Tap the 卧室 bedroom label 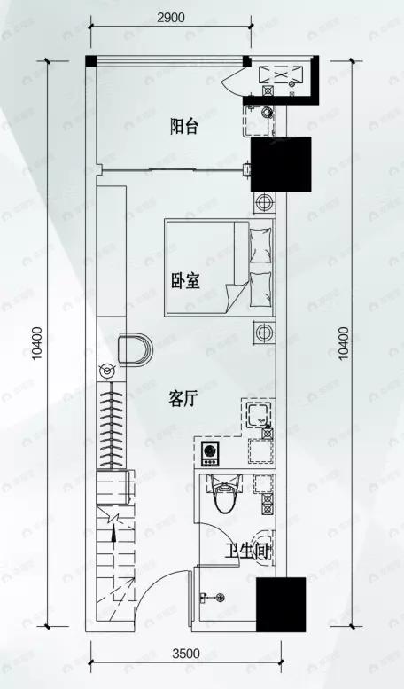(185, 282)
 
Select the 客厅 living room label (183, 399)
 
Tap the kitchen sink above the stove (260, 414)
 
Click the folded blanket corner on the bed (232, 292)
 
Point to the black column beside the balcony (281, 164)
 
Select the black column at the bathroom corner (280, 605)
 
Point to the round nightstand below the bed (263, 333)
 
